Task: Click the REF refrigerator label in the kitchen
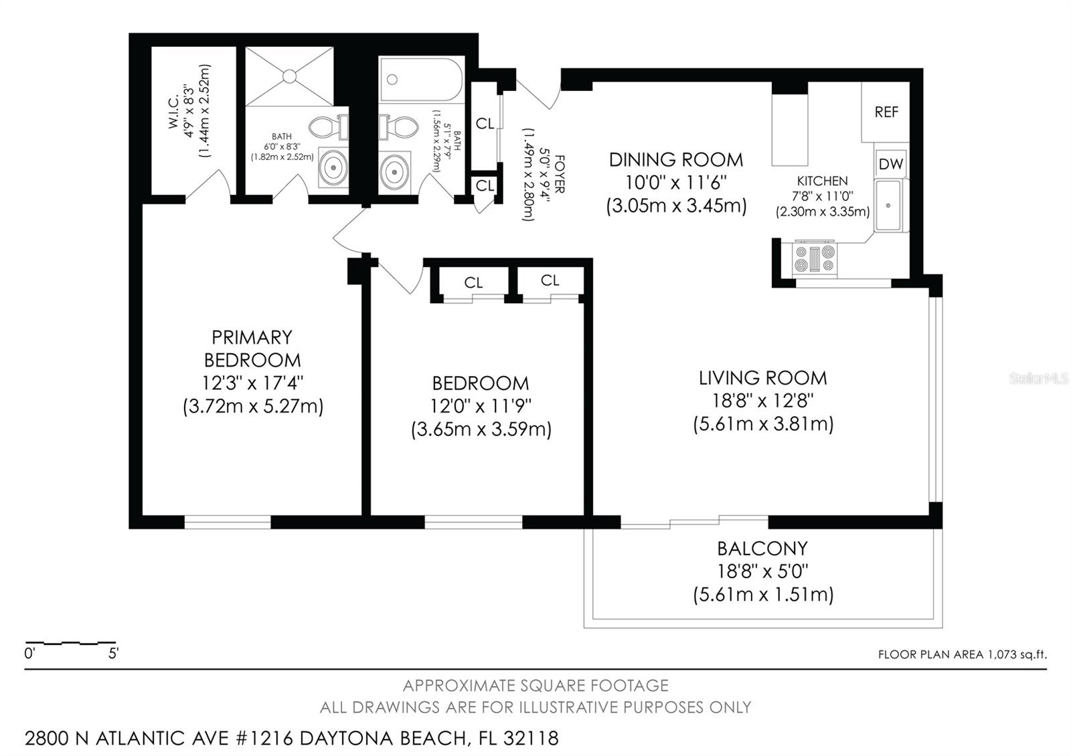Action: click(886, 112)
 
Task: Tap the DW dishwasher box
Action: click(890, 164)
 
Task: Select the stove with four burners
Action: click(815, 259)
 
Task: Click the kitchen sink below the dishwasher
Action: click(888, 205)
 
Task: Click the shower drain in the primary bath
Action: click(290, 76)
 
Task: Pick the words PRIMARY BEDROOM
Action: click(252, 349)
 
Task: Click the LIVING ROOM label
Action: click(762, 378)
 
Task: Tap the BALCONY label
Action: click(762, 549)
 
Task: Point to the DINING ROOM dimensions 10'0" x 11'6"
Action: click(676, 183)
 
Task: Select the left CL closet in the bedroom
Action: click(473, 283)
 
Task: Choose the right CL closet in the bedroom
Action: click(550, 281)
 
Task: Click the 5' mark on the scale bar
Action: click(114, 653)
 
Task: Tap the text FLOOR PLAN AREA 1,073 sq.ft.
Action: click(962, 654)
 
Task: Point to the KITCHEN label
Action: click(822, 181)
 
